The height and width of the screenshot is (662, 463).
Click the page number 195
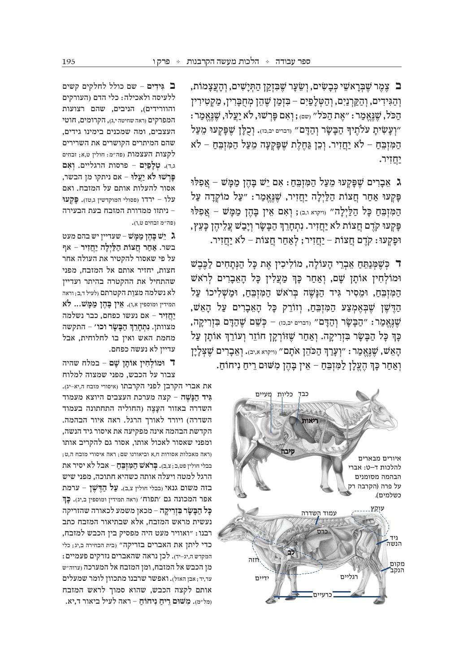click(x=69, y=61)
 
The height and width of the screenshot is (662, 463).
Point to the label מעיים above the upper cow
click(x=264, y=394)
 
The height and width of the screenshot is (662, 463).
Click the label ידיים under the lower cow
click(x=262, y=578)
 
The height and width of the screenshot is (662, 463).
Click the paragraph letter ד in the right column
click(x=398, y=262)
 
